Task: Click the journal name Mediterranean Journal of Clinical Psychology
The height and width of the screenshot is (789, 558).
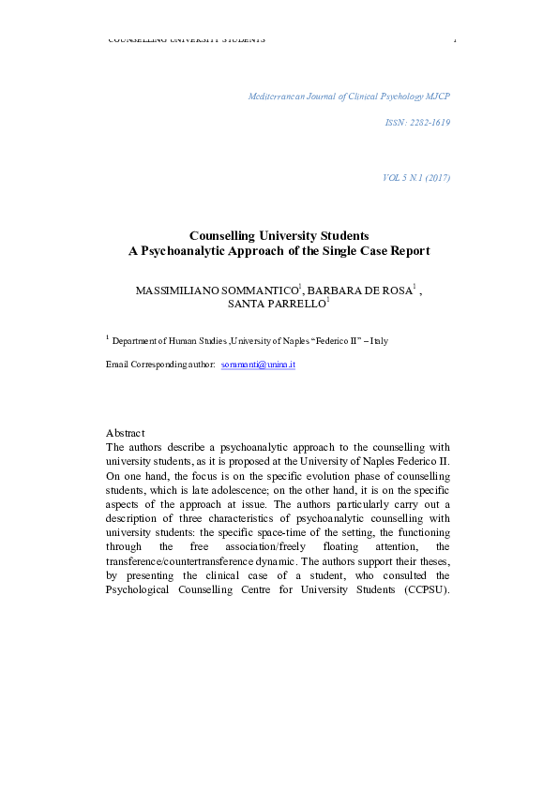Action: pos(349,97)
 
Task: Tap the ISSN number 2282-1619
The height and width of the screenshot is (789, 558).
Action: pos(418,124)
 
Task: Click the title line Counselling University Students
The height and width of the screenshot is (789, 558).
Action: pos(279,236)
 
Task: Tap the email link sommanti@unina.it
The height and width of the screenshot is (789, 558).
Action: pos(258,363)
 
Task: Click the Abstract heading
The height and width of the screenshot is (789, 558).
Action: pos(125,433)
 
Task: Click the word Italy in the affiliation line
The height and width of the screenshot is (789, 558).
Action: pos(379,341)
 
